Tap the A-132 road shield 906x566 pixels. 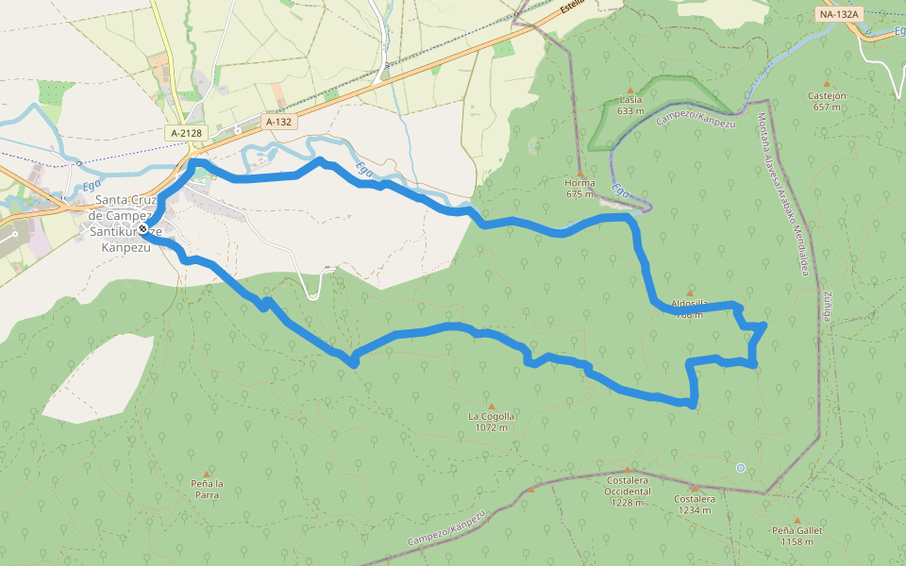[278, 122]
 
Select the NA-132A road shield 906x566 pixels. [839, 14]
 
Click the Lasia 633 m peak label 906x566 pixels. [630, 105]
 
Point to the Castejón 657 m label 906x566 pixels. [827, 101]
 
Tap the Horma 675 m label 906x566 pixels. [579, 189]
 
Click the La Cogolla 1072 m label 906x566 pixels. [492, 421]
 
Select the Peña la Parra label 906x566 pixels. [207, 489]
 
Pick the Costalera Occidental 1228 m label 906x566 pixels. [628, 491]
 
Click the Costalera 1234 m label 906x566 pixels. [695, 504]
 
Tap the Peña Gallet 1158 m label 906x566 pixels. [797, 536]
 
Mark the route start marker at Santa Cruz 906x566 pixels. [143, 229]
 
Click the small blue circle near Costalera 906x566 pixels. [741, 467]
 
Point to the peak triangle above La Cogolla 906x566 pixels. [491, 407]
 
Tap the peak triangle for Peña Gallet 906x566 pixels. [797, 520]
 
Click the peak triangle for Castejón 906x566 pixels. [827, 83]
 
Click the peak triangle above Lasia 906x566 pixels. [630, 91]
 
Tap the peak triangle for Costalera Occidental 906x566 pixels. [629, 469]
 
